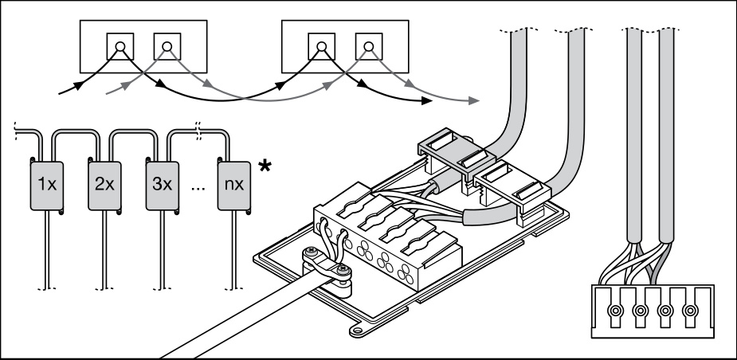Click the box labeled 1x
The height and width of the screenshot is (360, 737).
[x=48, y=184]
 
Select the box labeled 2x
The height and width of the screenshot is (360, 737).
[x=104, y=184]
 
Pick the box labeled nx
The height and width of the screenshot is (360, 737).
[x=234, y=184]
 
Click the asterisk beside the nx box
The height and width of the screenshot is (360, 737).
[x=262, y=166]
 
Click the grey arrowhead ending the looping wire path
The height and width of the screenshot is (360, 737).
[x=475, y=101]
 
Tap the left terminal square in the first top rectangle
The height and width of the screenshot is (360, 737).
[x=120, y=45]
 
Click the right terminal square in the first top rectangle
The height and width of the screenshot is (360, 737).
[x=165, y=45]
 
